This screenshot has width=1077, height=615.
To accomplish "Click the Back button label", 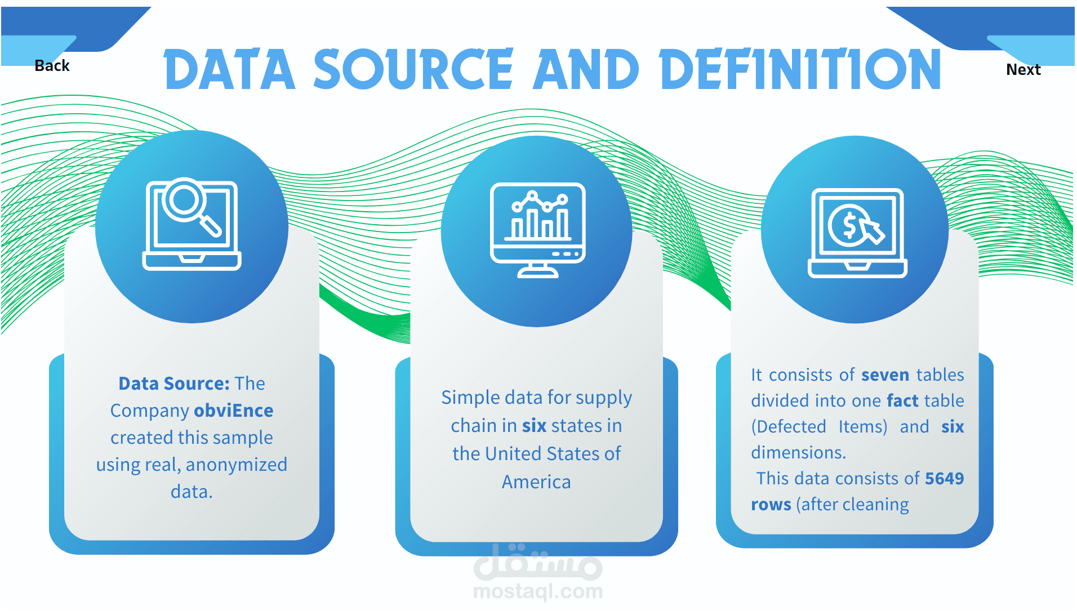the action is tap(52, 66).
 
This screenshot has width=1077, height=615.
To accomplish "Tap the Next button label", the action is tap(1023, 69).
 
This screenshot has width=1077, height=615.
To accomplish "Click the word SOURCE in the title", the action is tap(413, 69).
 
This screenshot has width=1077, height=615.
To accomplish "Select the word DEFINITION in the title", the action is tap(800, 69).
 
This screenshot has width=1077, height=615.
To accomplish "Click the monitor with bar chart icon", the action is tap(538, 230).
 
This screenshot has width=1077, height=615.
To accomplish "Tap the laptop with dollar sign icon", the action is tap(857, 233).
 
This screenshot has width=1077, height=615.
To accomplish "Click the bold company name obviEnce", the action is tap(234, 411).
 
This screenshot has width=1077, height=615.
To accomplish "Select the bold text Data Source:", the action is tap(174, 384).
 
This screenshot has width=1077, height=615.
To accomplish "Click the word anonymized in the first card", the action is tap(237, 465).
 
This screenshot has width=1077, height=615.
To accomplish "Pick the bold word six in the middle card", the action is tap(534, 426).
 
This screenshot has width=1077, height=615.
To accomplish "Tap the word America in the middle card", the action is tap(536, 482).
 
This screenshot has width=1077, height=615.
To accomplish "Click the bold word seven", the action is tap(885, 375).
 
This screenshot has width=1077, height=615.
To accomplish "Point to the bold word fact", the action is tap(903, 400).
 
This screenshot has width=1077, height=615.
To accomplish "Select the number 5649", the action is tap(945, 479).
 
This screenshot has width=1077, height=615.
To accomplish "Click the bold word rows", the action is tap(771, 505).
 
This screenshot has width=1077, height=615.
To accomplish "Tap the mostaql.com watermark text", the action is tap(538, 591).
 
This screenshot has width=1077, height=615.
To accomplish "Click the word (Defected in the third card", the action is tap(789, 427).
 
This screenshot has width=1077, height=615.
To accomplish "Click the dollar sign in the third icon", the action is tap(849, 225).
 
